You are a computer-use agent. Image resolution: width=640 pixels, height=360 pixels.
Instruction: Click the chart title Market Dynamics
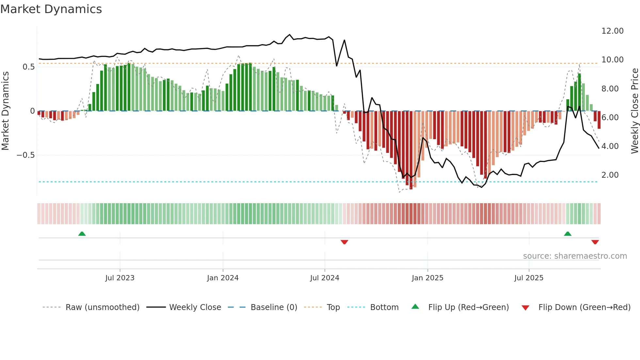(x=51, y=9)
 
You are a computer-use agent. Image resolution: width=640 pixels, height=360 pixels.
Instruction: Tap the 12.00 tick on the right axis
(x=612, y=31)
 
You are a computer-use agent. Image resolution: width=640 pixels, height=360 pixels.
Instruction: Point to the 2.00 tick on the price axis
(x=610, y=175)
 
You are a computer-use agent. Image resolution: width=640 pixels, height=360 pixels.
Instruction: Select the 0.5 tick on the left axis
(x=28, y=67)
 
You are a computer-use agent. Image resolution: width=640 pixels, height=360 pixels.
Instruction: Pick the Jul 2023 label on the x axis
(x=120, y=278)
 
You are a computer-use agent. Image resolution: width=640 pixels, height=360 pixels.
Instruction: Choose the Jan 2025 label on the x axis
(x=427, y=278)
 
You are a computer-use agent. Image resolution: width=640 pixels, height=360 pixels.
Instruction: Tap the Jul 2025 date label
(x=529, y=278)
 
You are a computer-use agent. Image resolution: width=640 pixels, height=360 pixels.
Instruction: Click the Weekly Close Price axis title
(x=634, y=111)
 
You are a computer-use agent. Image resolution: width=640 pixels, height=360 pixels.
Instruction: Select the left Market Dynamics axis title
(x=5, y=111)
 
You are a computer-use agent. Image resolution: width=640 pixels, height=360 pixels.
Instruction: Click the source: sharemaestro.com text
(x=575, y=256)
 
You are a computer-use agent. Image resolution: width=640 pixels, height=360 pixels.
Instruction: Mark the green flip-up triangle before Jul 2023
(x=82, y=234)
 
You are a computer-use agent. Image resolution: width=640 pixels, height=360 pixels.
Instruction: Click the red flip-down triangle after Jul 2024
(x=344, y=242)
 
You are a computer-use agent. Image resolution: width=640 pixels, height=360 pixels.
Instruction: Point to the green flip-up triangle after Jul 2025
(x=568, y=234)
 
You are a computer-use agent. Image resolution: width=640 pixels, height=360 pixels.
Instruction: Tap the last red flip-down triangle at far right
(x=595, y=242)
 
